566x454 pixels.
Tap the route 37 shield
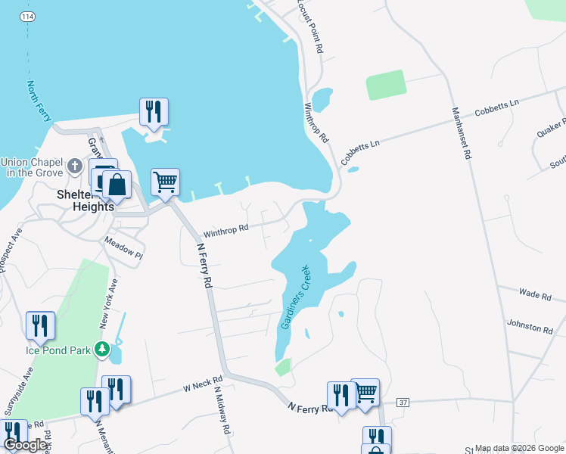click(403, 402)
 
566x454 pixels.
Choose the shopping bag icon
click(117, 185)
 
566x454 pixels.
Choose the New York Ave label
click(109, 302)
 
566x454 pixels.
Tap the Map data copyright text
click(520, 448)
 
